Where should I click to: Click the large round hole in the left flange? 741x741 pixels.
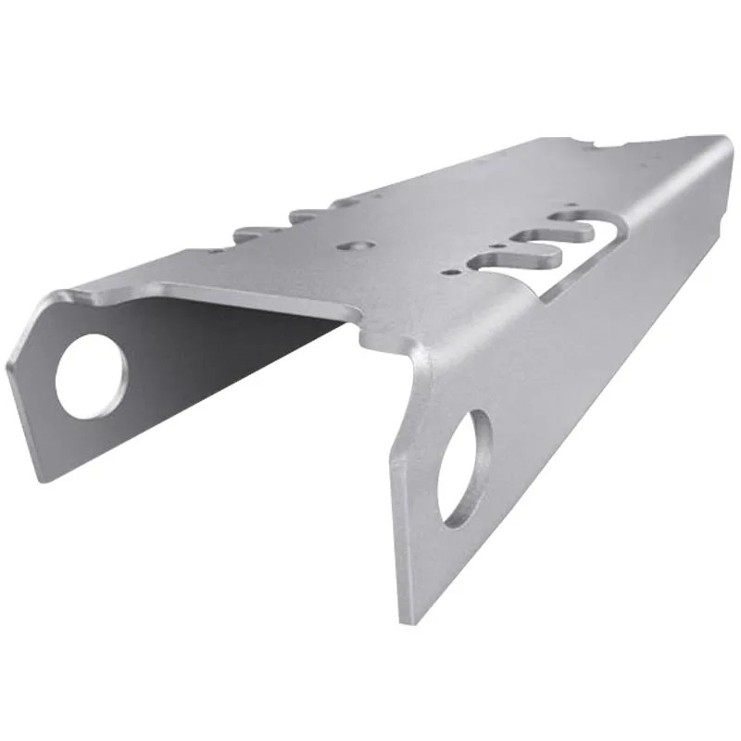click(91, 376)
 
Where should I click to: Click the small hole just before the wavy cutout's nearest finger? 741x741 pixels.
click(448, 273)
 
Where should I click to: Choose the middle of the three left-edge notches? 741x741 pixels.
click(301, 217)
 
